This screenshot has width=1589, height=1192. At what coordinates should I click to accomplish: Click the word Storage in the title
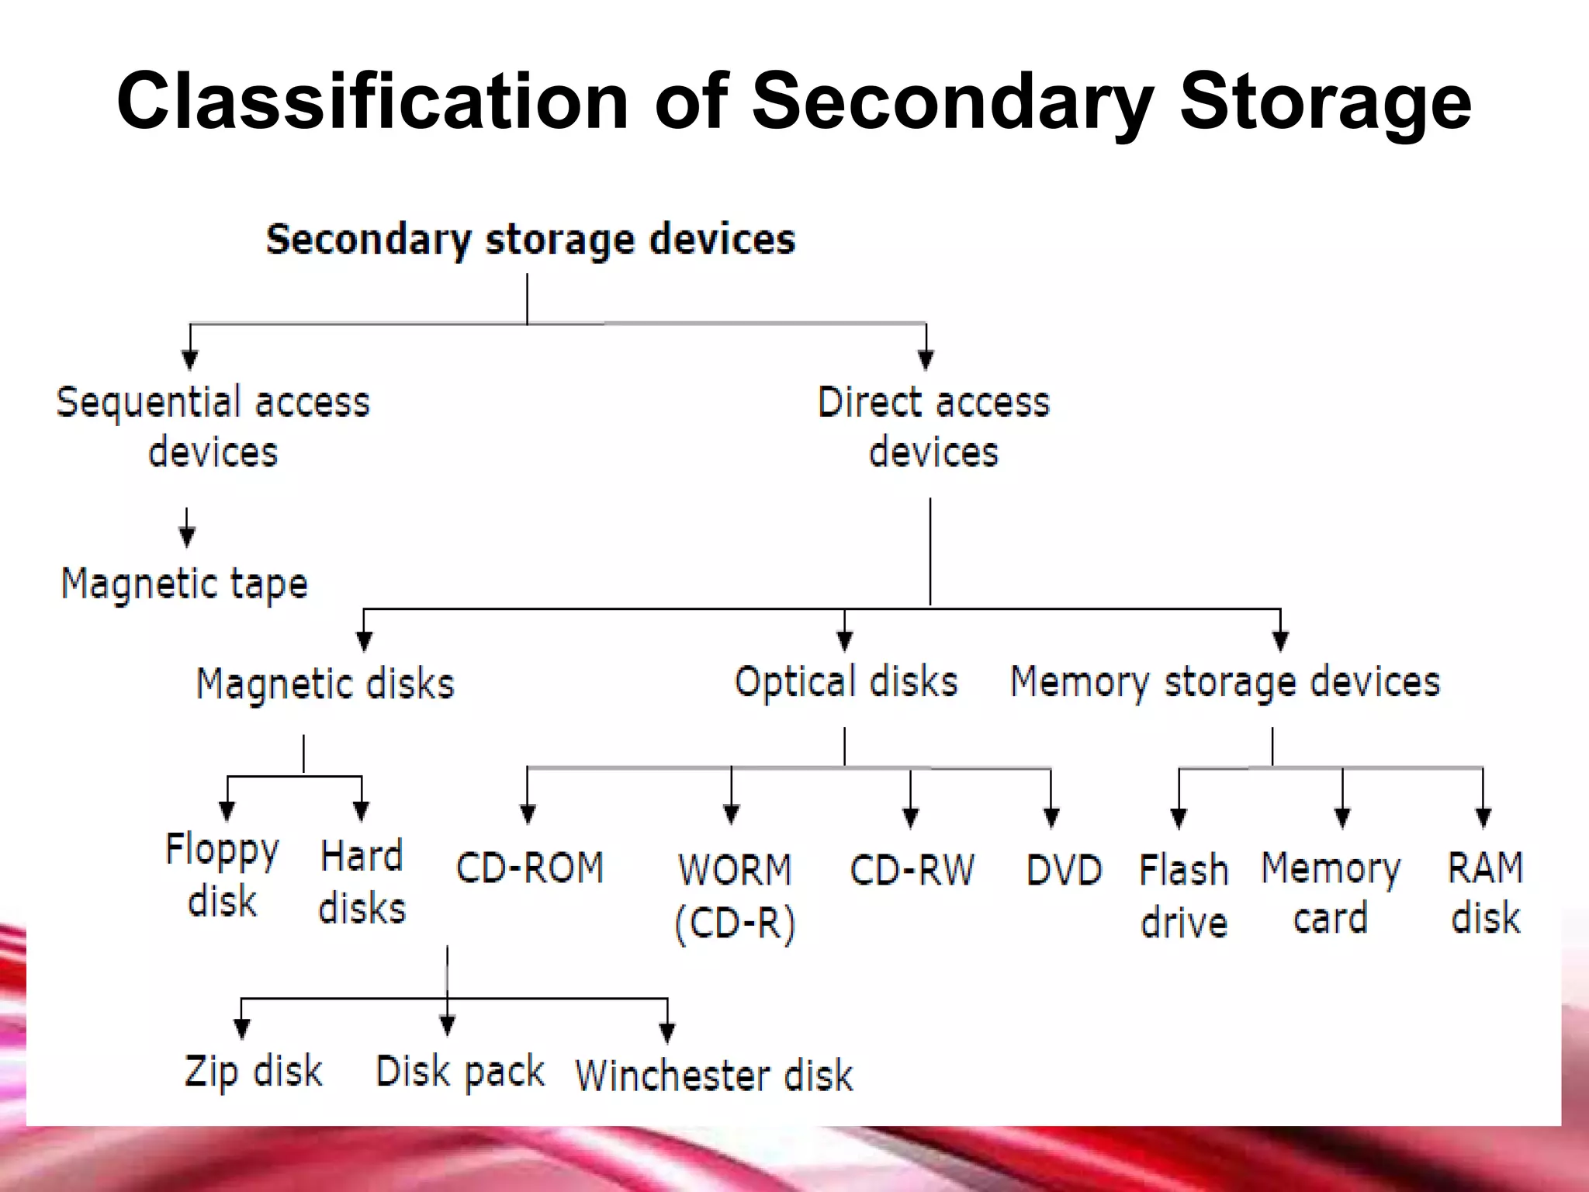[1325, 102]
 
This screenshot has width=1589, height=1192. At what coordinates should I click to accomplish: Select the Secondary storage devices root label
[531, 239]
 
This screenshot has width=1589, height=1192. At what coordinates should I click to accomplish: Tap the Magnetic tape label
[185, 584]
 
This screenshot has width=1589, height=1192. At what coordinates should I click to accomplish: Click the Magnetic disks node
[325, 684]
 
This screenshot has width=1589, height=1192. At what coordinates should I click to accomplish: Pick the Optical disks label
[846, 682]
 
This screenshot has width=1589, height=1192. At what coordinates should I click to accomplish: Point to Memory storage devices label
[1225, 682]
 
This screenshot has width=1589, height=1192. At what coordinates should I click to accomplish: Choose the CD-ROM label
[530, 868]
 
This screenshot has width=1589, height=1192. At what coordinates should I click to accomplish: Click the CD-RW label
[912, 869]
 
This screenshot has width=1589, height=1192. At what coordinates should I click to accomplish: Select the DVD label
[1064, 869]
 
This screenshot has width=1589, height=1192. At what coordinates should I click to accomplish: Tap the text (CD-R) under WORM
[735, 923]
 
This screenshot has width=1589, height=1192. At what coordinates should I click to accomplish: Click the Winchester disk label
[714, 1076]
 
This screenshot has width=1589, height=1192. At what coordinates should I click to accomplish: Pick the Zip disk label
[253, 1072]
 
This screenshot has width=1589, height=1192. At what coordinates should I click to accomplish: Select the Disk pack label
[460, 1072]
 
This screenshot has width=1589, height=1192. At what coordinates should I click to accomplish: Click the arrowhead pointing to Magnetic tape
[187, 536]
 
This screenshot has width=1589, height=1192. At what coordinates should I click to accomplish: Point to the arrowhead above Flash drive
[1179, 818]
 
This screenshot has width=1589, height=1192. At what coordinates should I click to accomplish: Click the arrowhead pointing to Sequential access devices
[190, 359]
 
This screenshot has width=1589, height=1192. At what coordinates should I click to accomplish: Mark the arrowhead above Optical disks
[845, 641]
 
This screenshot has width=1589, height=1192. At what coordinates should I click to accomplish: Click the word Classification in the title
[372, 102]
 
